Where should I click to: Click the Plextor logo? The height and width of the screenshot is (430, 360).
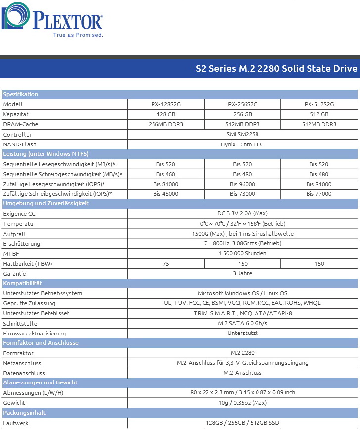[53, 21]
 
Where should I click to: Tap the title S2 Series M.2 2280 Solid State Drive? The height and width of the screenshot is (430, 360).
[276, 69]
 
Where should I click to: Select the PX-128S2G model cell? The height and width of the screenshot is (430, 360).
[166, 104]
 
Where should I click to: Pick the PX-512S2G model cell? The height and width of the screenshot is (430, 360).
[319, 104]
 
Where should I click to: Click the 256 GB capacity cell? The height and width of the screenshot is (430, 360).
[242, 114]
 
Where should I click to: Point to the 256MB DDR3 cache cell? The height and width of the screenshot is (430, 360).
[166, 124]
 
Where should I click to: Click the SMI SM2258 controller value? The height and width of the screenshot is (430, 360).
[242, 134]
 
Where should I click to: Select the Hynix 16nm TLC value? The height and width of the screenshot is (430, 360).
[242, 144]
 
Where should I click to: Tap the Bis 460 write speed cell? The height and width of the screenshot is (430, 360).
[166, 174]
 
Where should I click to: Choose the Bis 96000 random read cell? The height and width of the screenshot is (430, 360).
[242, 184]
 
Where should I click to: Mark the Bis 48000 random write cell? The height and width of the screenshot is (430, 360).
[166, 194]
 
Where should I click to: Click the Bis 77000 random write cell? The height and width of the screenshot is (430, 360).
[319, 194]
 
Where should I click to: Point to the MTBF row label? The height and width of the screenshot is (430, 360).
[11, 253]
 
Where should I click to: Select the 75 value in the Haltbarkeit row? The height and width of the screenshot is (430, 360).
[166, 264]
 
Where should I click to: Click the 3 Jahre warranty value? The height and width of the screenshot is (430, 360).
[242, 273]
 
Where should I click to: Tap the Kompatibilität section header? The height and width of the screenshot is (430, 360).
[22, 284]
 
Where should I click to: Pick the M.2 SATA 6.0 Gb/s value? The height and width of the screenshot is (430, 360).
[242, 323]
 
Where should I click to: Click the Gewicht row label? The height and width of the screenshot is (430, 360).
[14, 403]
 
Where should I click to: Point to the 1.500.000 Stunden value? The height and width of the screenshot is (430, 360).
[242, 253]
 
